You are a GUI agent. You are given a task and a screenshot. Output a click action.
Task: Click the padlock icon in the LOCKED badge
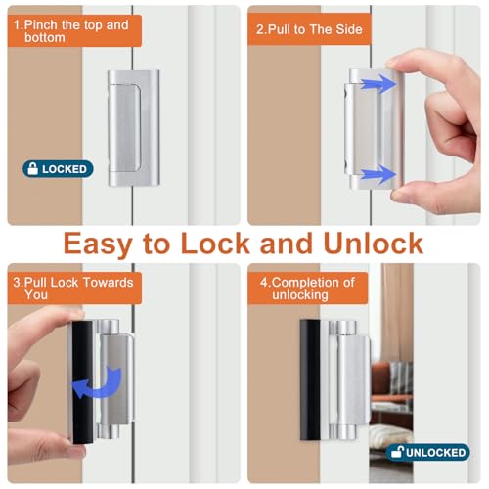32,168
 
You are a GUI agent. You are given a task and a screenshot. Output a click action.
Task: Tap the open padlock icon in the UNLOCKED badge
397,451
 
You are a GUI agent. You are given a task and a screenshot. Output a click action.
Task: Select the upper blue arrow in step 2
378,84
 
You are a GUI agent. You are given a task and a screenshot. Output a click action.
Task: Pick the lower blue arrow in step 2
378,174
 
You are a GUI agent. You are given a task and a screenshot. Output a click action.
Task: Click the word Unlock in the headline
374,244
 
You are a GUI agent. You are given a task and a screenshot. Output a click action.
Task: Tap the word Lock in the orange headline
215,244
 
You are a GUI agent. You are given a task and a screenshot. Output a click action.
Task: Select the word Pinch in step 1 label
40,25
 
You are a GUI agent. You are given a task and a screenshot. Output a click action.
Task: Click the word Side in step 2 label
349,29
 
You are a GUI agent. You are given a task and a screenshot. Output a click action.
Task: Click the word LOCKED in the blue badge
65,169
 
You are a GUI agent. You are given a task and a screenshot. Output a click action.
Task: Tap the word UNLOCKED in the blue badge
436,453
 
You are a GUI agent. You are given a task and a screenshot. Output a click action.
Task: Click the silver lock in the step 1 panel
134,128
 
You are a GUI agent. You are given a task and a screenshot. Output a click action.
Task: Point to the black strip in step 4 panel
310,380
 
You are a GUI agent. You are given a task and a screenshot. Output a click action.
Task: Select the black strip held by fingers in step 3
82,382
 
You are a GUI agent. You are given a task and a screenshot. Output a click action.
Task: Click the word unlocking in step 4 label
300,295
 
